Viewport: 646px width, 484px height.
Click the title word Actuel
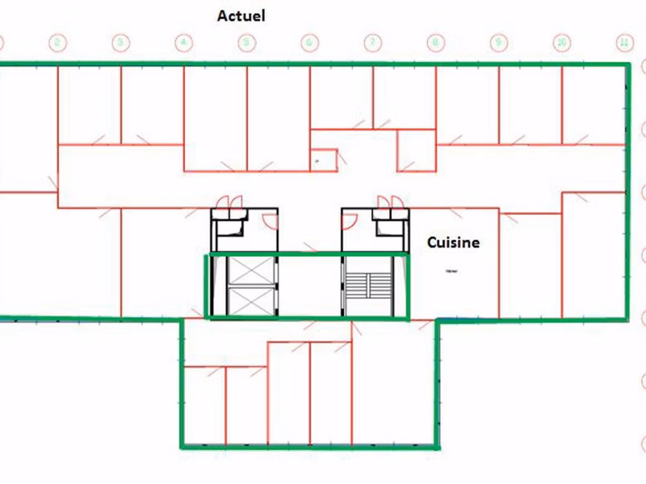tap(241, 16)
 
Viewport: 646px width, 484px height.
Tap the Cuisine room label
tap(453, 242)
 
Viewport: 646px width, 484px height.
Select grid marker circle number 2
tap(57, 43)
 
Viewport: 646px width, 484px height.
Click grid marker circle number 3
tap(120, 43)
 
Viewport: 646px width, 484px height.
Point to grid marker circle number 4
tap(183, 43)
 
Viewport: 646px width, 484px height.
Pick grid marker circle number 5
tap(246, 43)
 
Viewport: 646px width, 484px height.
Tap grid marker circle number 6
tap(309, 43)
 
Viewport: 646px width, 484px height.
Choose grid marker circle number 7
tap(372, 43)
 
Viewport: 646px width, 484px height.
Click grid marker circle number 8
tap(435, 43)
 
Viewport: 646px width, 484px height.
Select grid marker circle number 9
tap(498, 43)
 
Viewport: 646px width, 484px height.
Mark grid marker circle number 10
tap(561, 43)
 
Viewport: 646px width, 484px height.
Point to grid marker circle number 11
tap(623, 43)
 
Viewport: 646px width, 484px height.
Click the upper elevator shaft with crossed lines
tap(250, 270)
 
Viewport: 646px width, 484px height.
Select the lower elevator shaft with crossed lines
tap(250, 301)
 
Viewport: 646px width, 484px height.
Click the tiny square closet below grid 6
tap(323, 160)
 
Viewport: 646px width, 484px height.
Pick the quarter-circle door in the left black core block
tap(270, 221)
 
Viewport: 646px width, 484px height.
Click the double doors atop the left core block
tap(229, 202)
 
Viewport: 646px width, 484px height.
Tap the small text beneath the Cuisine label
tap(452, 271)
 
